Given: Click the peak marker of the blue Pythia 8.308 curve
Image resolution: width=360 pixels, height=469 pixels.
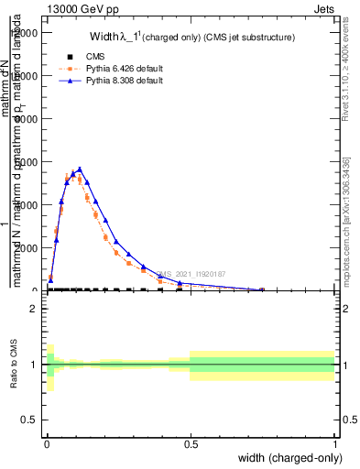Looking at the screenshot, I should [x=80, y=169].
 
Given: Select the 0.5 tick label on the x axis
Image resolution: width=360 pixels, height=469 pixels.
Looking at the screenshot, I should [x=191, y=442].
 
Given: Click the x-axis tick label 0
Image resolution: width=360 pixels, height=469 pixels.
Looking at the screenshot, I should [x=46, y=442].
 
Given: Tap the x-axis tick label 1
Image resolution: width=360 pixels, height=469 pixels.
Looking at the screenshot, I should [x=334, y=442].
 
